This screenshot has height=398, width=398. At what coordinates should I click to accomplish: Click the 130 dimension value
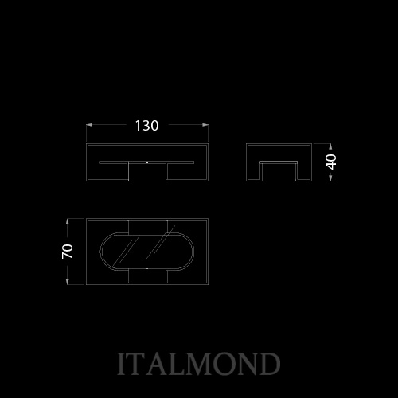[x=146, y=126]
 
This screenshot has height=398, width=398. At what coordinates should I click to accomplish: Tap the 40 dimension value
[x=331, y=162]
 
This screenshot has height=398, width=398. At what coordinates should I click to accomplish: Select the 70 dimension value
[x=68, y=252]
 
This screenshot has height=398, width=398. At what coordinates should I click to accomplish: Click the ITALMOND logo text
[x=199, y=364]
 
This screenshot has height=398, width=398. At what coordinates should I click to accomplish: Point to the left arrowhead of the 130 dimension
[x=89, y=125]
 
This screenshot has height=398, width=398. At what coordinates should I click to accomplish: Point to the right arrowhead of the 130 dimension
[x=205, y=125]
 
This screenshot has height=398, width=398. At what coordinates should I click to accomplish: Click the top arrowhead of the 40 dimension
[x=330, y=146]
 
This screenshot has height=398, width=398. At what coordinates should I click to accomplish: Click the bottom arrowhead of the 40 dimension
[x=330, y=178]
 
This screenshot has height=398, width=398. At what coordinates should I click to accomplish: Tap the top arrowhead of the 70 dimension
[x=68, y=222]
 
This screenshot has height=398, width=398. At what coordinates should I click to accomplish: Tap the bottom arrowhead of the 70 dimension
[x=68, y=281]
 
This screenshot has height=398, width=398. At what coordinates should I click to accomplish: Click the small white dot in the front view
[x=147, y=162]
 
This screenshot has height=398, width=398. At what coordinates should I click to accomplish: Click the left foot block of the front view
[x=107, y=172]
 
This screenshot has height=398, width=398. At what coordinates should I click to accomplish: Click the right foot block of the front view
[x=187, y=172]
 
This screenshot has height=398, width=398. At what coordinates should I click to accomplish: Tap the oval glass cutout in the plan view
[x=147, y=252]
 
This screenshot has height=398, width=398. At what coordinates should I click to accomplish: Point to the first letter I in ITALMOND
[x=122, y=364]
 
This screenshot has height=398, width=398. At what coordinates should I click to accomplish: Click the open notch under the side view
[x=279, y=172]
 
